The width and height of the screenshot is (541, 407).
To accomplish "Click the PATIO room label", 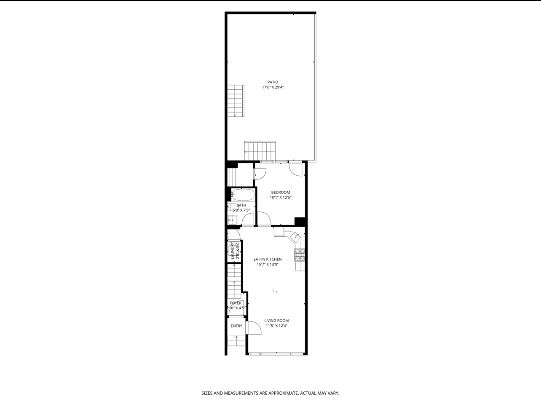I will click(x=273, y=82).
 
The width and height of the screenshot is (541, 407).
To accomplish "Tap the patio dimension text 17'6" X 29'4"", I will click(x=273, y=88).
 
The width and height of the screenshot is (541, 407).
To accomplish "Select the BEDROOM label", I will click(x=280, y=193).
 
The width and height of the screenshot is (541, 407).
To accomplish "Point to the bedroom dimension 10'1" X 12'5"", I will click(x=280, y=198).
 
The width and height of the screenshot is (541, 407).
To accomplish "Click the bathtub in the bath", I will click(x=243, y=195).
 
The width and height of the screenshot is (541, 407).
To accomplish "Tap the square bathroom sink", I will click(x=232, y=220).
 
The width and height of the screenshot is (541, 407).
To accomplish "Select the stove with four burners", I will click(x=300, y=255).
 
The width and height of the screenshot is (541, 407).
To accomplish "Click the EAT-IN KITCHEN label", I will click(x=267, y=260).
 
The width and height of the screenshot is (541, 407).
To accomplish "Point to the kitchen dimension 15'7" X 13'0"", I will click(x=267, y=265).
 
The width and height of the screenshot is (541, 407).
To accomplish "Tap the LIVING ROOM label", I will click(x=276, y=321).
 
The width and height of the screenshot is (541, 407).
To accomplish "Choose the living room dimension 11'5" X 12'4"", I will click(x=276, y=326).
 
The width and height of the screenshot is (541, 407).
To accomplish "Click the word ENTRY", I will click(x=236, y=326).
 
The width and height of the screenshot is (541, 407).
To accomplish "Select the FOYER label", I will click(x=236, y=303).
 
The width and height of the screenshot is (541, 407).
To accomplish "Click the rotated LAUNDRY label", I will click(x=232, y=250).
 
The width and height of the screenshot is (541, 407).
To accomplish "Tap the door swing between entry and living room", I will click(x=254, y=328).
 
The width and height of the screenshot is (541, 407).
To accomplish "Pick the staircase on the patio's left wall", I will click(x=236, y=101).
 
